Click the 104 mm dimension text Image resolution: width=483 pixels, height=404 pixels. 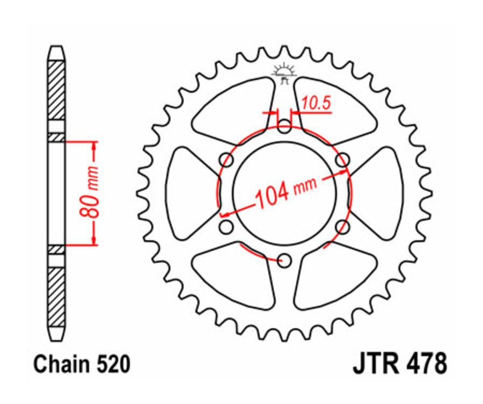pos(285,192)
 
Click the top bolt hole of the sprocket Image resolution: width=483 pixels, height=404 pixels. pos(284,127)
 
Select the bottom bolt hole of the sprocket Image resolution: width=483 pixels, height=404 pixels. pos(284,261)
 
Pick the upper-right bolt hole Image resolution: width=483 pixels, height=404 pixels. pos(342,159)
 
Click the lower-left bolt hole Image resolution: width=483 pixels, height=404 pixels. pos(227,227)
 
